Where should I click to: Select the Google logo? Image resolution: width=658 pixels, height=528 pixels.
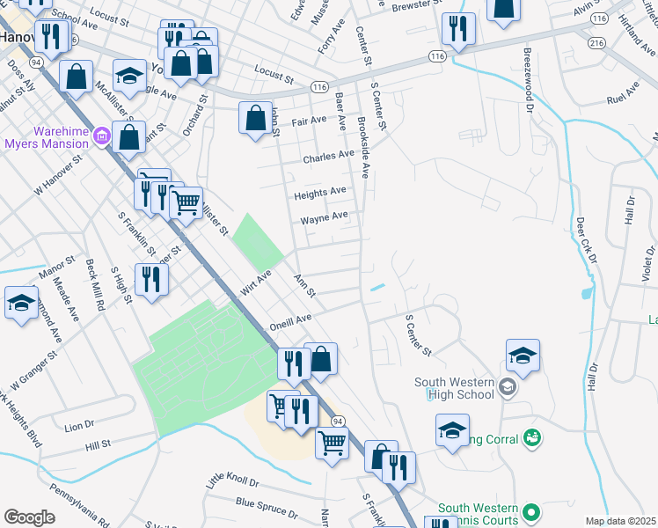tap(29, 517)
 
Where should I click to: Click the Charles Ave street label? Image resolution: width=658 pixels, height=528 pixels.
tap(328, 158)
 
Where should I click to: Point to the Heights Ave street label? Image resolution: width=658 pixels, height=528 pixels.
tap(320, 192)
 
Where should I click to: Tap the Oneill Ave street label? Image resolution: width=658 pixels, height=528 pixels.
tap(291, 320)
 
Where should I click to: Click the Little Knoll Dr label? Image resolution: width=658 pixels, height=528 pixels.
tap(233, 480)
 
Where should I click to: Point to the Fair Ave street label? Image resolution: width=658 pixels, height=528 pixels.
tap(309, 121)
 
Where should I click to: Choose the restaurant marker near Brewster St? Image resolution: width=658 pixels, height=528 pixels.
tap(457, 29)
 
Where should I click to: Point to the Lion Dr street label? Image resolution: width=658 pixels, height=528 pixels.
tap(79, 427)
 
